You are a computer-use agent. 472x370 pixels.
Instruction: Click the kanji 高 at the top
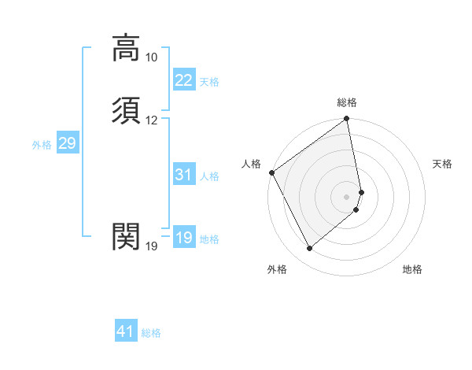click(x=126, y=48)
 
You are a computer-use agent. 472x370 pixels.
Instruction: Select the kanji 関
click(x=126, y=235)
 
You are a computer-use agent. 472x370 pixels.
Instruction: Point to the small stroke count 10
click(x=151, y=57)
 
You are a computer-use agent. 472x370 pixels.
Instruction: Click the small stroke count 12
click(x=151, y=120)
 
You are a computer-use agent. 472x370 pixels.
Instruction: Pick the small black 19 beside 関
click(x=151, y=246)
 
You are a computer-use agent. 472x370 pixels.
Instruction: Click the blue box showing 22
click(x=183, y=80)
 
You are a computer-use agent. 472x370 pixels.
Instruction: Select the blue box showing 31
click(x=183, y=175)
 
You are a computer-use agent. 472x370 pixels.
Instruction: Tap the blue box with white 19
click(x=183, y=238)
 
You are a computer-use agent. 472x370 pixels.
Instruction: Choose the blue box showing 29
click(x=67, y=143)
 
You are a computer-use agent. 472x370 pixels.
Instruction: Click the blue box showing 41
click(x=126, y=332)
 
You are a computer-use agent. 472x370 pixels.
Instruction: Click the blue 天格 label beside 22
click(x=209, y=82)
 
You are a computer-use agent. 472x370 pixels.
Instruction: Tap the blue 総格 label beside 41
click(x=151, y=334)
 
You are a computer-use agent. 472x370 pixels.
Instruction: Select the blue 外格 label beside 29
click(x=42, y=145)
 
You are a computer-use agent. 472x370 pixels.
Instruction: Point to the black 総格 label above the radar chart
click(x=347, y=102)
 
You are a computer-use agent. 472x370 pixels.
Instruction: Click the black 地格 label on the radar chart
click(x=412, y=269)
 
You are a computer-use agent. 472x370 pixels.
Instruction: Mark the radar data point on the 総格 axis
click(x=347, y=120)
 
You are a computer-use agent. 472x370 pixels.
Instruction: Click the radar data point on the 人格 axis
click(x=271, y=172)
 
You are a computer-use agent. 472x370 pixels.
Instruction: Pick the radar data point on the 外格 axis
click(x=309, y=248)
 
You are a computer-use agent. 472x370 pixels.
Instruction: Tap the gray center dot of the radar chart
click(x=347, y=196)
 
